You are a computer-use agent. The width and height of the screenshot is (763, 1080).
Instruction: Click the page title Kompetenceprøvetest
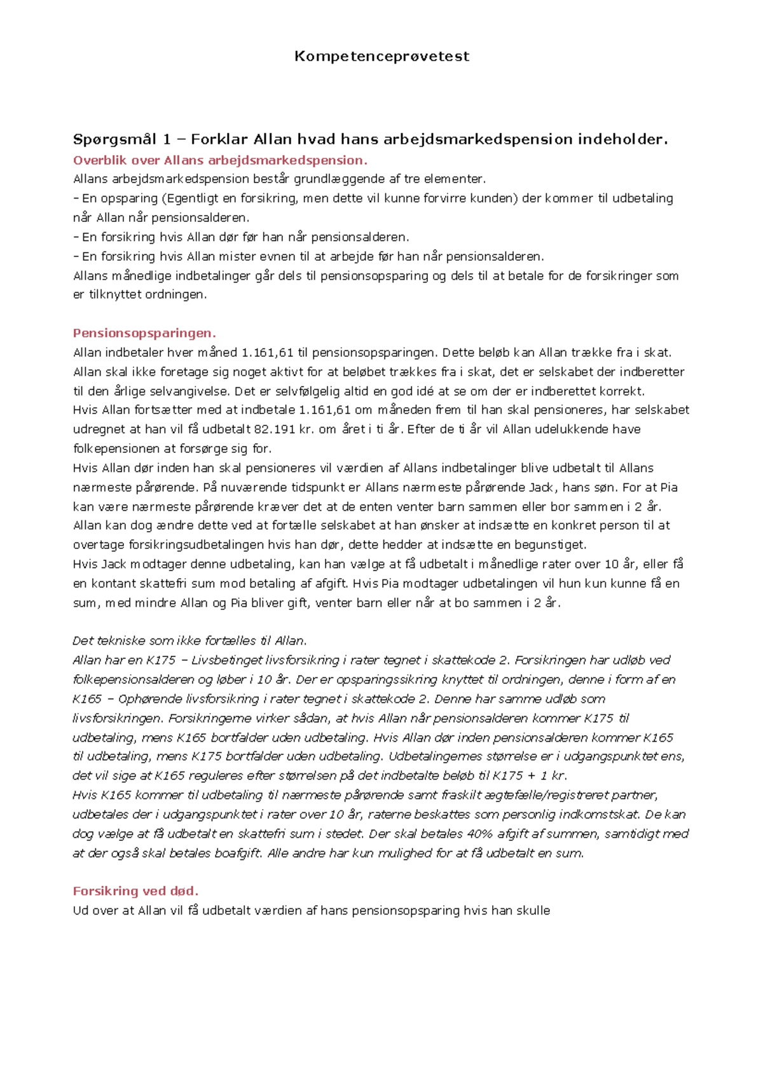[381, 57]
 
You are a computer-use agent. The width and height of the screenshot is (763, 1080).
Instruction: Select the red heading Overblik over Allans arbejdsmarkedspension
[220, 160]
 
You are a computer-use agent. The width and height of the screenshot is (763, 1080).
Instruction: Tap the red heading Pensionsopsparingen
[144, 333]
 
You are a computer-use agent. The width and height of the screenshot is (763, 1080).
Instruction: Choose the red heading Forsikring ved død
[135, 890]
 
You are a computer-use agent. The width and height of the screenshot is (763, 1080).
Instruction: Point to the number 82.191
[275, 429]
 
